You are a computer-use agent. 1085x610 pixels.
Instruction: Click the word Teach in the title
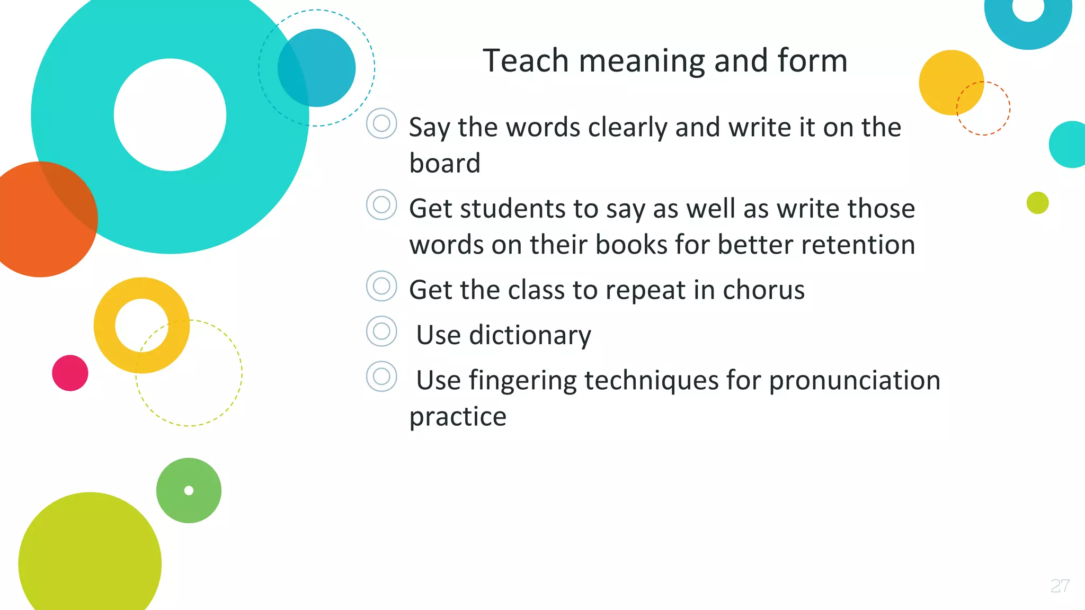pos(526,61)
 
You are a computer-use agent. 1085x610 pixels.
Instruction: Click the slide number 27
pos(1060,586)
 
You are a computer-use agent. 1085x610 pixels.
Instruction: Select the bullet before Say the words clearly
pos(381,123)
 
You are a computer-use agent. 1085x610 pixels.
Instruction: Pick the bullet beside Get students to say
pos(381,205)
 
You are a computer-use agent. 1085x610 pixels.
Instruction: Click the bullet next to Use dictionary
pos(381,331)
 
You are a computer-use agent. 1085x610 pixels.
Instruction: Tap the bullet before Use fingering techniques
pos(381,376)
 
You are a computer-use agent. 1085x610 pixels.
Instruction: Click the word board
pos(444,163)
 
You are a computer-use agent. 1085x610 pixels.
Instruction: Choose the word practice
pos(458,417)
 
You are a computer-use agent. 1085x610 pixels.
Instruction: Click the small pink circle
pos(70,373)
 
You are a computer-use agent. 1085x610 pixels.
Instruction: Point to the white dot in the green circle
pos(189,490)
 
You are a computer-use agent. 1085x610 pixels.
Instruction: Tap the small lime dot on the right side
pos(1037,203)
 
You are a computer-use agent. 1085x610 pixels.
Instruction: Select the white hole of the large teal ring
pos(170,115)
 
